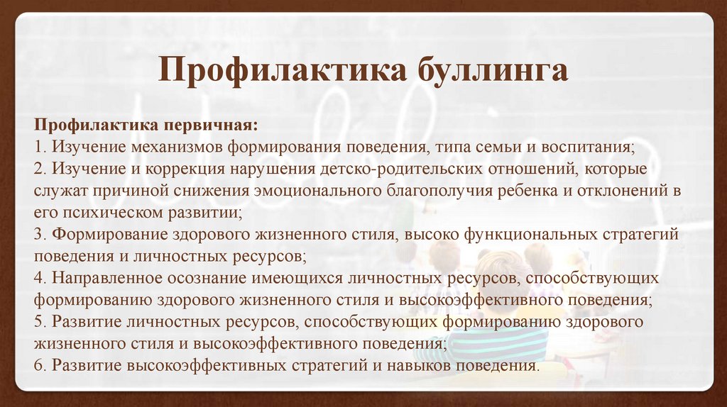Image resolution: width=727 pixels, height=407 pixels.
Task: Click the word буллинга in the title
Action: (x=493, y=71)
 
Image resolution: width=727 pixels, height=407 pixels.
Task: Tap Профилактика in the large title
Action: (x=283, y=70)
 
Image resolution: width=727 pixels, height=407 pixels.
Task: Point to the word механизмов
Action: (x=177, y=147)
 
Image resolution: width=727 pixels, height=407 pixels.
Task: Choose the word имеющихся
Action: (x=297, y=279)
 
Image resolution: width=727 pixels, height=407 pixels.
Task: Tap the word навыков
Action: (x=419, y=366)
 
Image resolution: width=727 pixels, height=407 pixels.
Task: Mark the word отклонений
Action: (x=622, y=191)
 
